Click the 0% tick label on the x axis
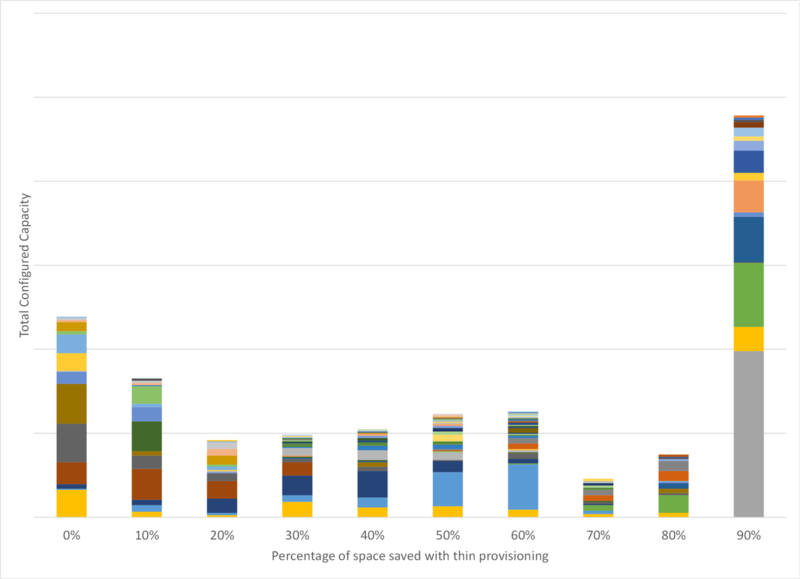tap(71, 536)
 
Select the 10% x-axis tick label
tap(147, 536)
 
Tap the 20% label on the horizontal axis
tap(222, 536)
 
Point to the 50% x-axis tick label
tap(447, 536)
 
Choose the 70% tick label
tap(598, 536)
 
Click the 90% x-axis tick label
tap(749, 536)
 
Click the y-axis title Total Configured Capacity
tap(25, 265)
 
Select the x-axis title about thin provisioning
tap(410, 556)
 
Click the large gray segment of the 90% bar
tap(749, 434)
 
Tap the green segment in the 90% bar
tap(749, 294)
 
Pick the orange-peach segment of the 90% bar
tap(749, 197)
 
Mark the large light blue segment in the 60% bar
tap(523, 487)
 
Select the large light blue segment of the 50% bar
tap(447, 489)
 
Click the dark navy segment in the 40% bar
tap(372, 484)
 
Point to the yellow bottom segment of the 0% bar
tap(71, 503)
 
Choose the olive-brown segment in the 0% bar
tap(71, 404)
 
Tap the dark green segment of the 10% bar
tap(147, 436)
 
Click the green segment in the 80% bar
tap(673, 504)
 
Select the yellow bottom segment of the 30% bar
tap(297, 509)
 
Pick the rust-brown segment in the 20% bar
tap(222, 490)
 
